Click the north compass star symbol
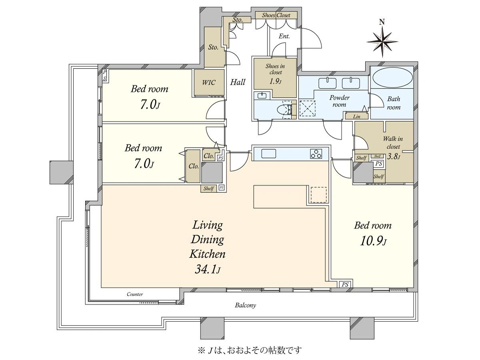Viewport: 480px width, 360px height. (382, 42)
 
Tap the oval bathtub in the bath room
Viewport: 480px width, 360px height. (392, 78)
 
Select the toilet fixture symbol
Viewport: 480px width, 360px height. (285, 109)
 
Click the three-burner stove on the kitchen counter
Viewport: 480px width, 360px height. (316, 154)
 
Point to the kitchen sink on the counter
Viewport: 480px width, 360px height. (269, 154)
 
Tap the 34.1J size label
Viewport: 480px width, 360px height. (207, 269)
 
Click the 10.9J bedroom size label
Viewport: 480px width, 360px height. (373, 241)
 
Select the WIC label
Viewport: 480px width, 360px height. (209, 82)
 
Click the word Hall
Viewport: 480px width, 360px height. (238, 82)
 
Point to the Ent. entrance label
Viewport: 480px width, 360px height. (284, 36)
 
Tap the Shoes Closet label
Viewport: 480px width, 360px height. (276, 15)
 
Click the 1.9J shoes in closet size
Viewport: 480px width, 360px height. (275, 82)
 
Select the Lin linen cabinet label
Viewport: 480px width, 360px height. (356, 116)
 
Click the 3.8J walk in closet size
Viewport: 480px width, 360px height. (394, 156)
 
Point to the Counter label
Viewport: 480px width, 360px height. (135, 294)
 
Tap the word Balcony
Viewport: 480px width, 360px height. (245, 305)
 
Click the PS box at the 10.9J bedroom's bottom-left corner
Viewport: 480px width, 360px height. (345, 284)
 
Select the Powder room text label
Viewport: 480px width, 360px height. (339, 101)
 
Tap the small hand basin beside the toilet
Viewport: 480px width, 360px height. (262, 96)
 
